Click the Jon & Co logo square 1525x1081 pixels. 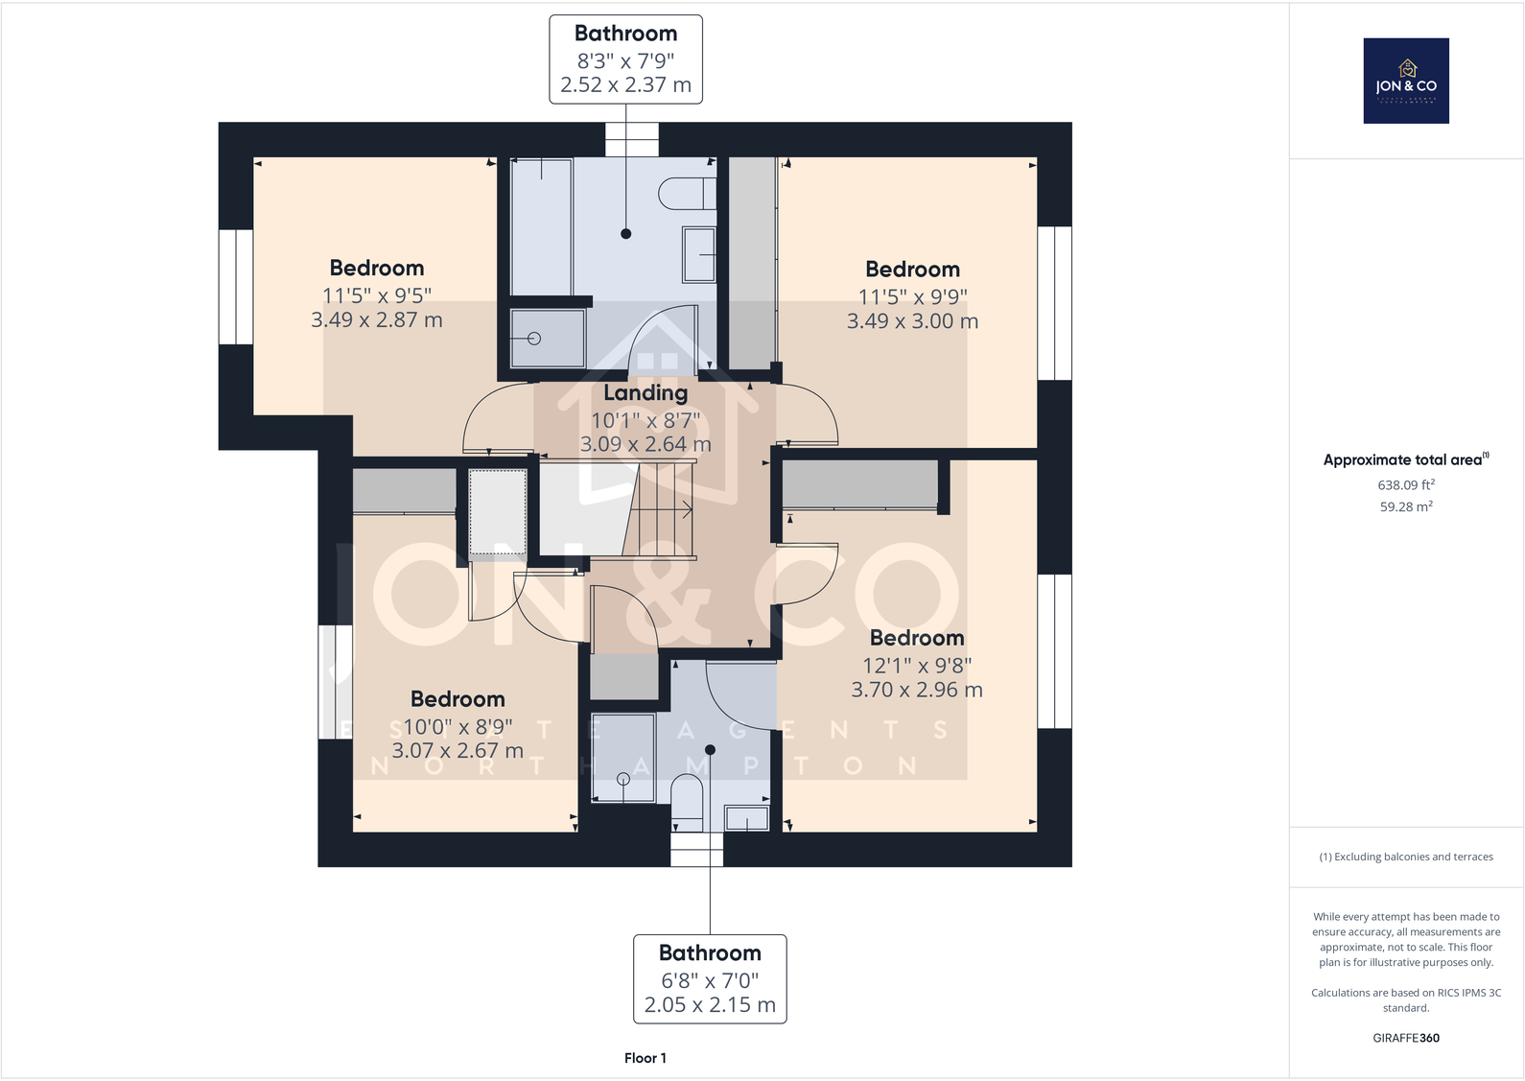coord(1406,81)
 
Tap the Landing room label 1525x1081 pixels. coord(645,392)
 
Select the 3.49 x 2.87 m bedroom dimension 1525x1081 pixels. coord(377,320)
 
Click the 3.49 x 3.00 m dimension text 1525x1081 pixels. coord(912,321)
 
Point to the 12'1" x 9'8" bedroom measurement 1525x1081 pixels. coord(917,665)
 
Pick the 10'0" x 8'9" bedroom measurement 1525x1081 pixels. coord(457,727)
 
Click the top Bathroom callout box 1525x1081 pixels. coord(625,59)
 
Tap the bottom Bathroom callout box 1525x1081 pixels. coord(710,979)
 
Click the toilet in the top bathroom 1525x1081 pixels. coord(687,194)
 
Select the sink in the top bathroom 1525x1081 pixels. coord(699,254)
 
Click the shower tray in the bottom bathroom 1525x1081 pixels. coord(622,758)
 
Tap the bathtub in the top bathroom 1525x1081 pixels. coord(541,226)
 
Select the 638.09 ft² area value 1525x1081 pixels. coord(1406,484)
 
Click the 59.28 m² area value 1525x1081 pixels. coord(1406,506)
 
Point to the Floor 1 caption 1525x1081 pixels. coord(645,1058)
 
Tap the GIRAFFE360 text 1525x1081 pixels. coord(1406,1038)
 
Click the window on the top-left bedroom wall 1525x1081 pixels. coord(236,287)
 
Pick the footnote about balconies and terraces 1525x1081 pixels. coord(1406,857)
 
